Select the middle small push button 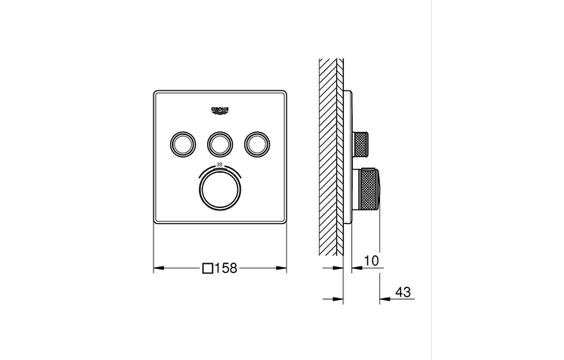[x=219, y=143]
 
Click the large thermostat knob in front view [x=219, y=191]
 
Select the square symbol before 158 [x=209, y=270]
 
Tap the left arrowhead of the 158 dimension [x=158, y=270]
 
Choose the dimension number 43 [x=402, y=294]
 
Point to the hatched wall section [x=330, y=152]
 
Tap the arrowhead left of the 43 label [x=383, y=298]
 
